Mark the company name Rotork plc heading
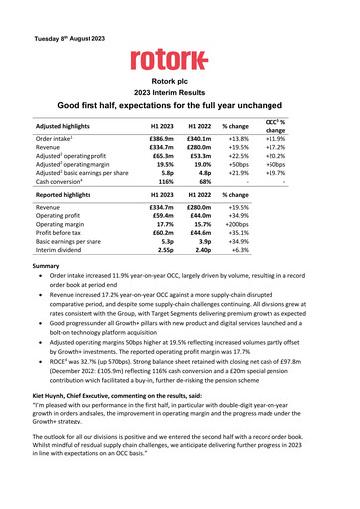pyautogui.click(x=179, y=76)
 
